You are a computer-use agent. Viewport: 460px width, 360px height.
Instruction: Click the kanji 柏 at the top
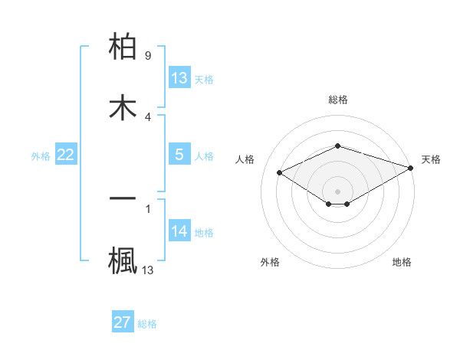(x=123, y=48)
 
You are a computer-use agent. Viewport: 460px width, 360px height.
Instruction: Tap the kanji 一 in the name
(x=123, y=198)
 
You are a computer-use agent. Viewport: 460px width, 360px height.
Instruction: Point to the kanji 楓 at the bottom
(x=123, y=259)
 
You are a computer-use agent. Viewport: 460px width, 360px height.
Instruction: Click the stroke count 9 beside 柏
(x=148, y=56)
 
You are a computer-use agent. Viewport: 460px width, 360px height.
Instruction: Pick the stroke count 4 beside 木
(x=148, y=116)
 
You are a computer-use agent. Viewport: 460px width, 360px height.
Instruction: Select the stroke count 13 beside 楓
(x=148, y=270)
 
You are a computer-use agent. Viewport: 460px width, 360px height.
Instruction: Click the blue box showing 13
(x=179, y=78)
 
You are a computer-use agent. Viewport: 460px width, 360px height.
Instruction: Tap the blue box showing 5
(x=179, y=155)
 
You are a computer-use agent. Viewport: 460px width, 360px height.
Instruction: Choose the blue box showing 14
(x=179, y=231)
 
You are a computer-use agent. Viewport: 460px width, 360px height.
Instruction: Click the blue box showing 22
(x=66, y=155)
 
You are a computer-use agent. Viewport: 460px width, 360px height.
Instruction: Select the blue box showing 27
(x=123, y=322)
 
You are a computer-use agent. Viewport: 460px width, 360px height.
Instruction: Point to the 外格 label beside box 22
(x=41, y=155)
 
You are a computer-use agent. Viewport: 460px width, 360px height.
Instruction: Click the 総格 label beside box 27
(x=147, y=324)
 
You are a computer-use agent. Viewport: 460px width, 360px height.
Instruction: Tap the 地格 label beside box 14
(x=204, y=232)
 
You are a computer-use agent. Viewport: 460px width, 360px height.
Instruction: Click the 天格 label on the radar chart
(x=431, y=159)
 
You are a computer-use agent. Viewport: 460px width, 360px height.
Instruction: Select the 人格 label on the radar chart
(x=245, y=159)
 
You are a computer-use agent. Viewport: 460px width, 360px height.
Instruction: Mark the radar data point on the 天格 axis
(x=412, y=169)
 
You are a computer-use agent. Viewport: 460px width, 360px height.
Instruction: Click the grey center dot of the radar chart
(x=338, y=191)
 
